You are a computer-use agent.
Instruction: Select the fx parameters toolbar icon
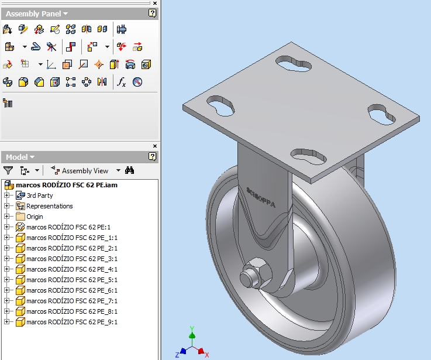click(x=121, y=82)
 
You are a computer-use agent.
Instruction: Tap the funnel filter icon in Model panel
click(x=8, y=170)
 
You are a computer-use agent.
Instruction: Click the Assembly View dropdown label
click(x=85, y=171)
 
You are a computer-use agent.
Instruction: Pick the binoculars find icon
click(x=130, y=170)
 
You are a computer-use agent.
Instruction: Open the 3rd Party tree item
click(x=39, y=196)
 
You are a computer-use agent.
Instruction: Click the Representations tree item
click(x=49, y=206)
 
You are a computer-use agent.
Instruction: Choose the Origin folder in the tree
click(x=34, y=217)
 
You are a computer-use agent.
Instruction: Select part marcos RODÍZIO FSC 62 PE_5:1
click(x=71, y=280)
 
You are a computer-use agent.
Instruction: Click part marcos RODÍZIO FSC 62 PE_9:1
click(x=71, y=322)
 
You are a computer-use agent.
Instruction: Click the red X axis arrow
click(x=202, y=351)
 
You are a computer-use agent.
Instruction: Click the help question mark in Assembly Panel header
click(x=153, y=13)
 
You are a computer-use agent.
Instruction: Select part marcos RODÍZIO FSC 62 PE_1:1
click(x=71, y=238)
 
